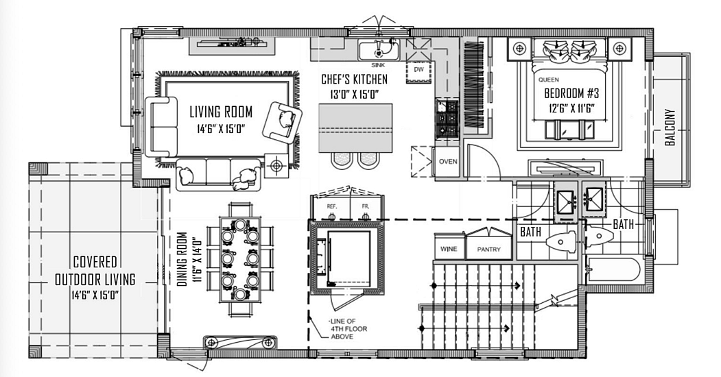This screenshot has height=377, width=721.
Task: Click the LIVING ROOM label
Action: [221, 112]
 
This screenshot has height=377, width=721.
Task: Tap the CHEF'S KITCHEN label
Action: [354, 80]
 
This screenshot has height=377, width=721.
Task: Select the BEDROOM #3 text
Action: [571, 93]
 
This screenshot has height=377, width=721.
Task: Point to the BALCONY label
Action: [670, 127]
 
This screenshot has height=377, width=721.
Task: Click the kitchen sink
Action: [379, 49]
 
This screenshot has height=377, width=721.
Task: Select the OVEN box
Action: [447, 161]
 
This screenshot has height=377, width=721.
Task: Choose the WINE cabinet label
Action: [449, 249]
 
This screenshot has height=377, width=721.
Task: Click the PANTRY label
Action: [488, 250]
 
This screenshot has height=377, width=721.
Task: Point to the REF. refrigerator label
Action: [331, 206]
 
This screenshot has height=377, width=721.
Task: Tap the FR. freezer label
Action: [366, 206]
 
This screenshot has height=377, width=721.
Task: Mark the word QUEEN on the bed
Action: [549, 80]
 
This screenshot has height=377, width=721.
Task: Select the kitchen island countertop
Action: [355, 128]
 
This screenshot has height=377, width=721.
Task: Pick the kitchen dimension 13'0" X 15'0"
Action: [354, 95]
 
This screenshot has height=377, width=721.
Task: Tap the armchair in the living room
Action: [283, 122]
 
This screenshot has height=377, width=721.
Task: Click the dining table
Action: [239, 258]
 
